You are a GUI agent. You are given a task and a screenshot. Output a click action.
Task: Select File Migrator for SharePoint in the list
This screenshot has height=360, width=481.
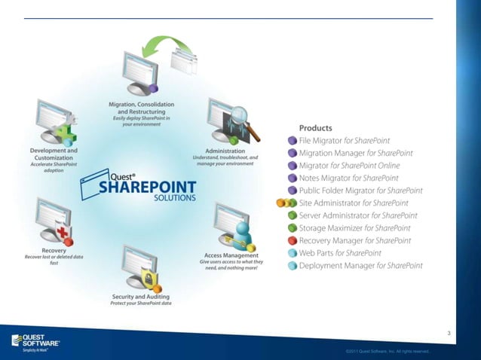pyautogui.click(x=354, y=139)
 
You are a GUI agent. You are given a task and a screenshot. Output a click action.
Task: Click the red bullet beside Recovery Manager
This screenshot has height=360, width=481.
pyautogui.click(x=293, y=241)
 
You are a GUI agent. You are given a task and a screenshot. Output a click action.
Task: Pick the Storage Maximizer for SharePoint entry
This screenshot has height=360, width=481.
pyautogui.click(x=354, y=228)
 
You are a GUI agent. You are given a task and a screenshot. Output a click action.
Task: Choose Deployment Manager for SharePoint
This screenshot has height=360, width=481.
pyautogui.click(x=360, y=266)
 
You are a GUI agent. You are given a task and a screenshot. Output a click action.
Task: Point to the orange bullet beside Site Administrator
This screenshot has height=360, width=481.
pyautogui.click(x=280, y=203)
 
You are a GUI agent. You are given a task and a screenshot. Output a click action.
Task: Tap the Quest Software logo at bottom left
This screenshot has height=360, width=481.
pyautogui.click(x=35, y=341)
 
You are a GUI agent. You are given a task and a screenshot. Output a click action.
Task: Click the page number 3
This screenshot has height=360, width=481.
pyautogui.click(x=449, y=334)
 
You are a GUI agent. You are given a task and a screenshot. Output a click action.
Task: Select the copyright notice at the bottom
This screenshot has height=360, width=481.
pyautogui.click(x=388, y=351)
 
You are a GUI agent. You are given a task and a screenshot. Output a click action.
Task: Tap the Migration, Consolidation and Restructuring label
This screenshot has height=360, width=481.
pyautogui.click(x=142, y=108)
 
